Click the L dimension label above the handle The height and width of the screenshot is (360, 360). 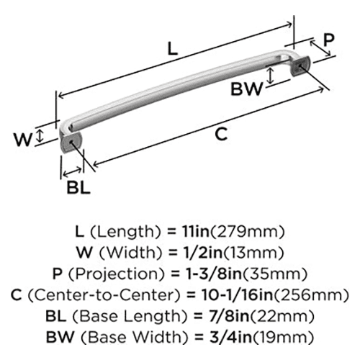tap(172, 49)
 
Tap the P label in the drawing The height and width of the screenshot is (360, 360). tap(328, 40)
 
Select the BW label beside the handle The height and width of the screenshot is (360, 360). tap(246, 89)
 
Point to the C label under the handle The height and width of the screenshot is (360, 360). tap(221, 134)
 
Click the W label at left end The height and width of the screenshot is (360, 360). tap(23, 140)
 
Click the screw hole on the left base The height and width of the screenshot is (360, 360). tap(71, 142)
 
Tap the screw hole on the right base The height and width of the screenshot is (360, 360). tap(300, 66)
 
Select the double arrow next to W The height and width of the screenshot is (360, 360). tap(40, 135)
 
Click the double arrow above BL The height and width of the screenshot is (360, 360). tap(72, 172)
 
